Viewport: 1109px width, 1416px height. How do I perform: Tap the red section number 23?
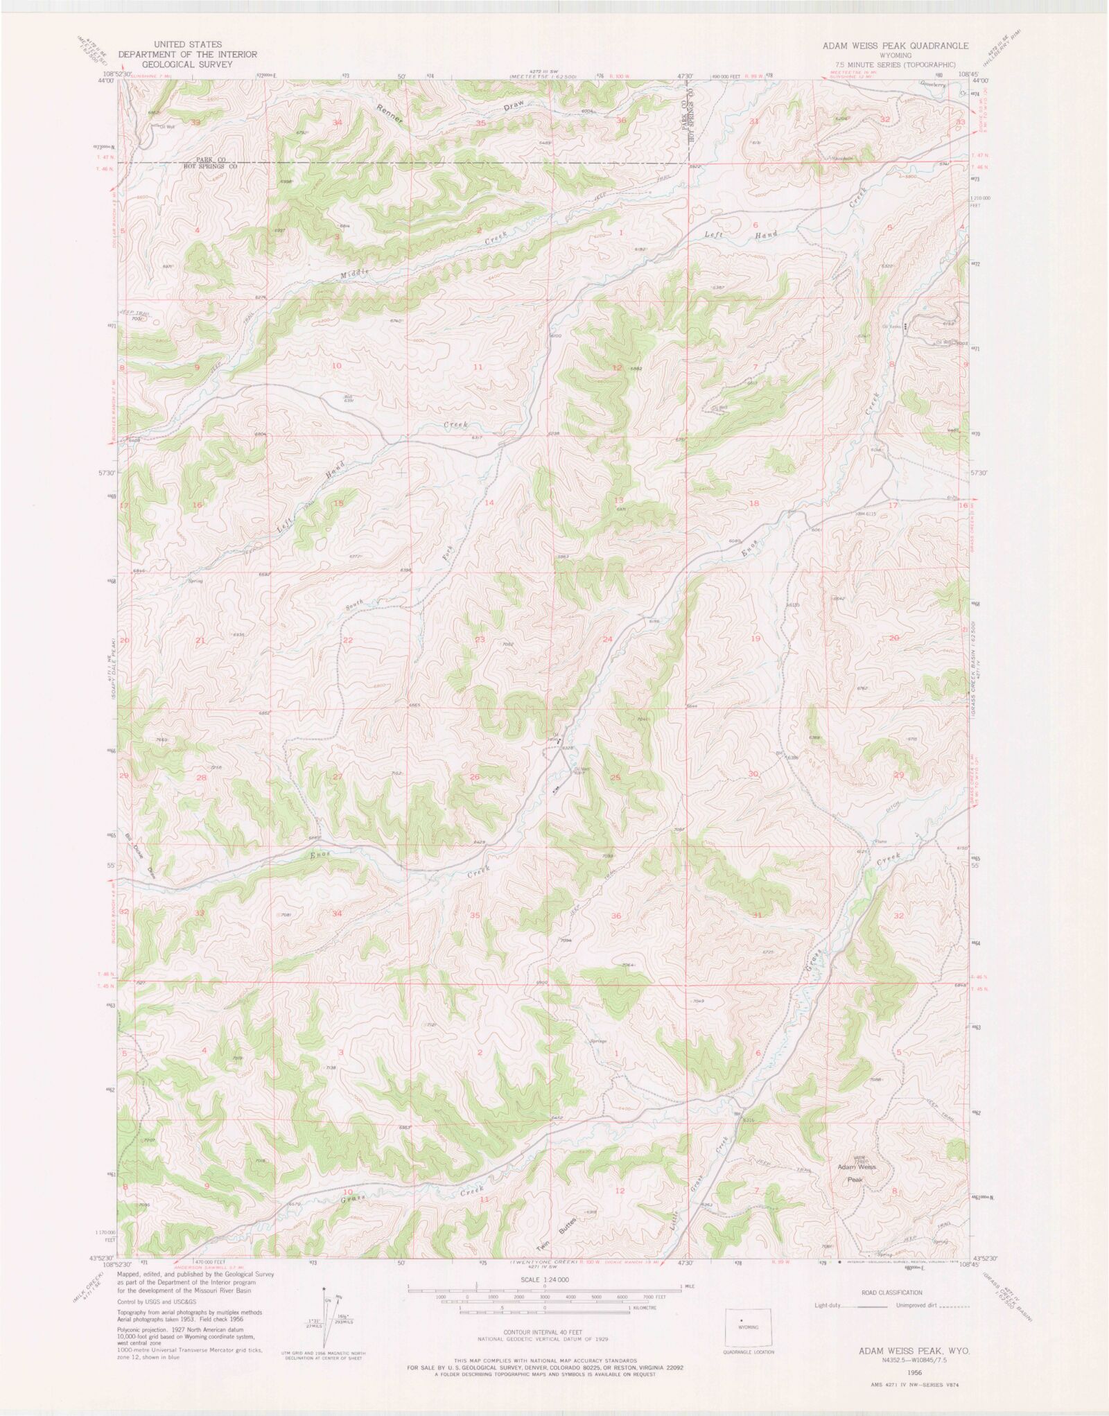tap(479, 640)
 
